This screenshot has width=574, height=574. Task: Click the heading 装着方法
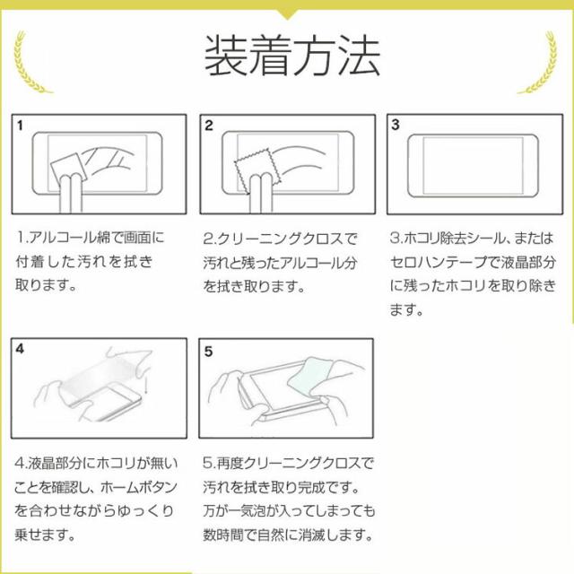pos(291,56)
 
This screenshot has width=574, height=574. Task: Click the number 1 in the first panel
pos(20,126)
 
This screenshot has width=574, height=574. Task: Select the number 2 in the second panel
pos(209,126)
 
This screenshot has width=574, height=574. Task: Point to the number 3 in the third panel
pos(396,125)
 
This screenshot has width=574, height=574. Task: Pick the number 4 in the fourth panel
pos(20,349)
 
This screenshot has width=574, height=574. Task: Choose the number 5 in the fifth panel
pos(208,352)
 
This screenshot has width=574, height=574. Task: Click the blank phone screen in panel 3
pos(473,166)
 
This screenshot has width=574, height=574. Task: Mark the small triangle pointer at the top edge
pos(288,14)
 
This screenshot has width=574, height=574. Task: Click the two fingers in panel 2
pos(261,194)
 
